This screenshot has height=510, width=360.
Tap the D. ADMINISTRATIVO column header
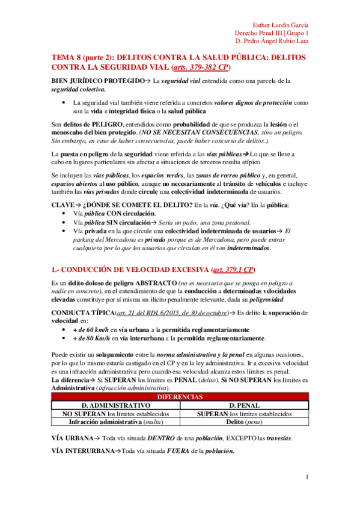[112, 405]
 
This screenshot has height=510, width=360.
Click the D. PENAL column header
[243, 405]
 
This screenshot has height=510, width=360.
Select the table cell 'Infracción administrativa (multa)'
[112, 422]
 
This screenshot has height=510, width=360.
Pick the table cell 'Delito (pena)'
[243, 422]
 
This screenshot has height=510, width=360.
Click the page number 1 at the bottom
[307, 478]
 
